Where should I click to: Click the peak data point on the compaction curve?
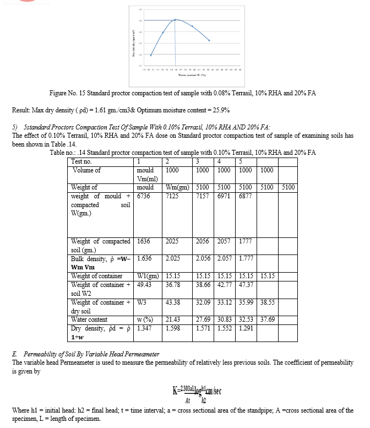176,20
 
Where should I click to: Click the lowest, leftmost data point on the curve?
151,55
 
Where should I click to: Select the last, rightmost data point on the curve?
209,40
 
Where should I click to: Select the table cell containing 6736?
143,197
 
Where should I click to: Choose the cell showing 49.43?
143,285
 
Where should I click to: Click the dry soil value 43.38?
173,302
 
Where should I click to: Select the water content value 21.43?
173,319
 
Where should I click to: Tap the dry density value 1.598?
173,328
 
